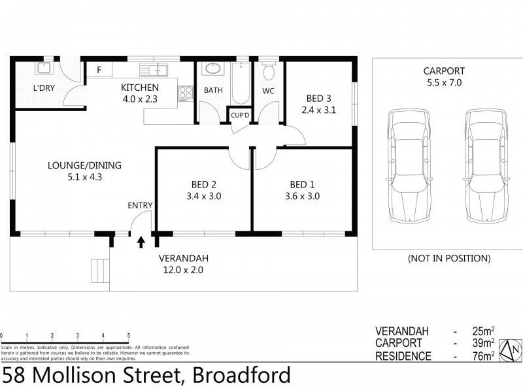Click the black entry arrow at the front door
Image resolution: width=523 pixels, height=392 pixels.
pos(141,243)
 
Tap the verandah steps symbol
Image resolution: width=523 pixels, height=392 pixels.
pos(100,269)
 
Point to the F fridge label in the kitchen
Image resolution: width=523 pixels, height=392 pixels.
pos(99,70)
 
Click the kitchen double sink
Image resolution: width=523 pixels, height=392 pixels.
pos(157,70)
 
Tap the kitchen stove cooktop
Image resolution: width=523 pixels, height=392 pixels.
pos(186,93)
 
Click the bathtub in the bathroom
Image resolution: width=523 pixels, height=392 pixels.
pos(241,83)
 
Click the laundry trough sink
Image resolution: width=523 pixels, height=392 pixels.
pos(44,68)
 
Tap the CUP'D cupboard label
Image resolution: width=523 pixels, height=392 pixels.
pos(240,116)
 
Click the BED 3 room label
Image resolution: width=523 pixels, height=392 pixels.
pos(318,99)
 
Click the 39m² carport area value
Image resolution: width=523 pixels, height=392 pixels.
pos(482,343)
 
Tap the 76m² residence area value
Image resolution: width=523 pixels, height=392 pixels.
pos(482,356)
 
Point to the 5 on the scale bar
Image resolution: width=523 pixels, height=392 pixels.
pos(129,336)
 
